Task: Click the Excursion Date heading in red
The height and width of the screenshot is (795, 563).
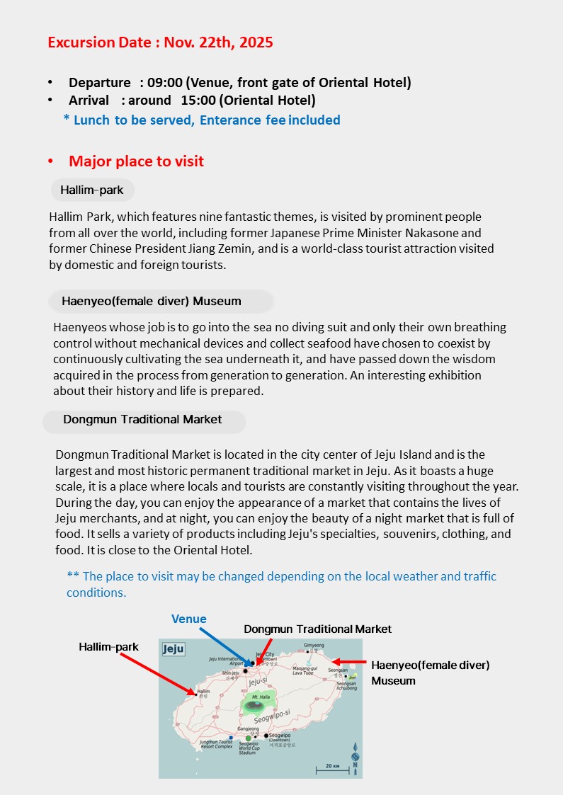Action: tap(160, 42)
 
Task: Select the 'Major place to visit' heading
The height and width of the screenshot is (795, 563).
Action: tap(136, 161)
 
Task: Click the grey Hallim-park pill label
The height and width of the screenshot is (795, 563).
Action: tap(92, 190)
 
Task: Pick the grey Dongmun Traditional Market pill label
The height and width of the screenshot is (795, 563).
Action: tap(144, 420)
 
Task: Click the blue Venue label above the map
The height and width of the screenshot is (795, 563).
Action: tap(188, 619)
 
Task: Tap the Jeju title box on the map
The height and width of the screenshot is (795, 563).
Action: tap(174, 648)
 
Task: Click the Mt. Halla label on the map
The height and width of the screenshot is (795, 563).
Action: tap(259, 698)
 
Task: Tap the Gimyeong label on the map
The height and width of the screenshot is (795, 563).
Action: tap(314, 645)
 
